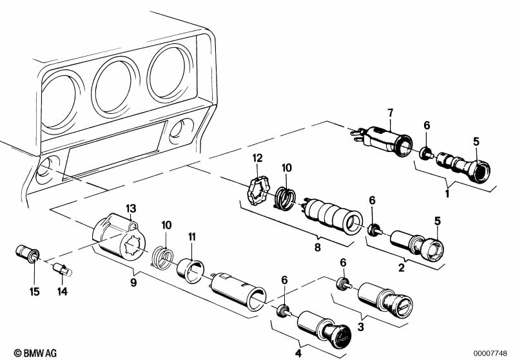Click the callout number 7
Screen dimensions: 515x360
click(x=390, y=113)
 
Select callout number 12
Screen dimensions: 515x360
click(x=258, y=158)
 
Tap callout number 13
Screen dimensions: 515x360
click(x=131, y=208)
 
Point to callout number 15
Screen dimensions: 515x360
click(x=35, y=291)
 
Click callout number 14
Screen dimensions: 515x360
click(x=63, y=291)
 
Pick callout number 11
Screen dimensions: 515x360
click(x=192, y=236)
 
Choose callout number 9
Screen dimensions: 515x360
click(x=133, y=282)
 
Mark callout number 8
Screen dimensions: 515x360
click(x=317, y=247)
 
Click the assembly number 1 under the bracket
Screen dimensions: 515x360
click(x=447, y=193)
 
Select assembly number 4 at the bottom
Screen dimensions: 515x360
click(x=298, y=353)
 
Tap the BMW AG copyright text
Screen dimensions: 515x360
click(x=35, y=353)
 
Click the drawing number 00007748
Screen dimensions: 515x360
click(x=490, y=354)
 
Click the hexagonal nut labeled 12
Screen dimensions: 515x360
click(x=258, y=191)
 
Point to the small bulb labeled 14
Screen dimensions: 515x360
click(x=63, y=270)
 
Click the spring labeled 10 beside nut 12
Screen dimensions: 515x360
click(x=284, y=198)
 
